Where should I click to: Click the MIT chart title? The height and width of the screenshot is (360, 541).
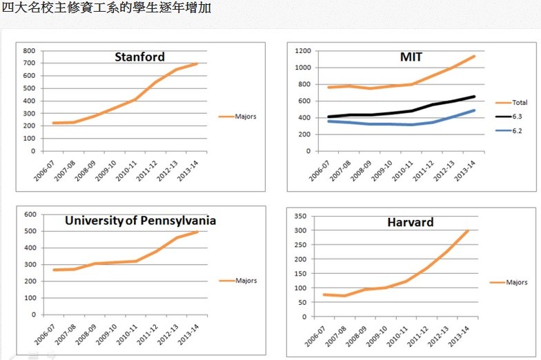411,57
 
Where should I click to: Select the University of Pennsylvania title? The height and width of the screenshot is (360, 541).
140,221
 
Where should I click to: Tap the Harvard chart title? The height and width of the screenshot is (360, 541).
410,222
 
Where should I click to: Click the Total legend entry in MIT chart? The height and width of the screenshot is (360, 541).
520,103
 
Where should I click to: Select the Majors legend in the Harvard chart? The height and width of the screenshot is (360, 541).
516,282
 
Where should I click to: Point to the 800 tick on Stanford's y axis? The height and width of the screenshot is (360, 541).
28,51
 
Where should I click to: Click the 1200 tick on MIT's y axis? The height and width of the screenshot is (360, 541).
300,51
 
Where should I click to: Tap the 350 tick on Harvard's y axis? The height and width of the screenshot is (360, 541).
301,217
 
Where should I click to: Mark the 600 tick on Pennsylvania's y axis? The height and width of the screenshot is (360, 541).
29,214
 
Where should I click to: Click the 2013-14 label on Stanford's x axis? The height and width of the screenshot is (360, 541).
190,168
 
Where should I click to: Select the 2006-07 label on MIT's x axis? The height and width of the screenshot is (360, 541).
318,168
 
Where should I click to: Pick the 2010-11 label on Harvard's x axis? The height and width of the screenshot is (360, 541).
395,333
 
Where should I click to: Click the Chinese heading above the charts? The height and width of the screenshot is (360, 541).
107,9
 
